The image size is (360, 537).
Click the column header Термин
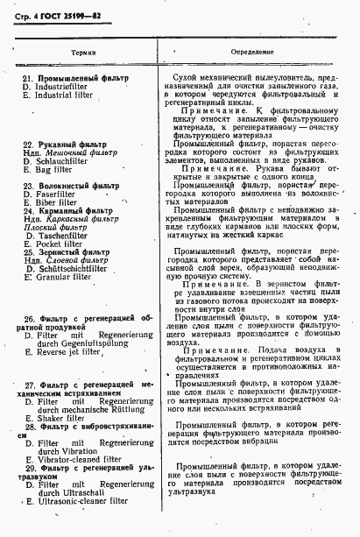point(85,53)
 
